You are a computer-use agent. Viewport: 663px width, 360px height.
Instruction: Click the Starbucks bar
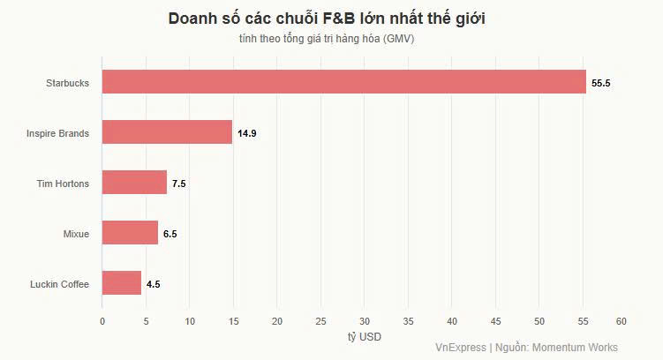point(343,82)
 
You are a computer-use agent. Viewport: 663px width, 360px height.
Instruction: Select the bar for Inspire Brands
point(167,132)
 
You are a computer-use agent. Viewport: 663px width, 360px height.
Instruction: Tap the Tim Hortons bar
point(134,183)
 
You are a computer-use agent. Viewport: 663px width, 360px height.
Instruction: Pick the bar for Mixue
point(130,233)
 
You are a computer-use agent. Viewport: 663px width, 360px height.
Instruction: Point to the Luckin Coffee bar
point(121,283)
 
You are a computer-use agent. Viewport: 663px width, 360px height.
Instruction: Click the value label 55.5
point(601,83)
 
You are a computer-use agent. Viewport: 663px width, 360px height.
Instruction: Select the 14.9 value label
point(247,133)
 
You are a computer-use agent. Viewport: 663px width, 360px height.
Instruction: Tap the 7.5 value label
point(179,184)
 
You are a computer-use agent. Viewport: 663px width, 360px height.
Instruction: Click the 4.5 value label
point(153,284)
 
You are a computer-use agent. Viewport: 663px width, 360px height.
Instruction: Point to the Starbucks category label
point(67,83)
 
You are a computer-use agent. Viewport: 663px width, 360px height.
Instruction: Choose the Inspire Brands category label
point(58,133)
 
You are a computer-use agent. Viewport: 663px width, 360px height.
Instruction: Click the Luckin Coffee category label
point(59,284)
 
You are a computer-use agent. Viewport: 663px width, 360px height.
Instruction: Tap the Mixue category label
point(76,234)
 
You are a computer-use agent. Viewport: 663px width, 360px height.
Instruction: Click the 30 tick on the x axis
point(364,321)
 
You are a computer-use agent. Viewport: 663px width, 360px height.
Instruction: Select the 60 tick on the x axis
point(622,321)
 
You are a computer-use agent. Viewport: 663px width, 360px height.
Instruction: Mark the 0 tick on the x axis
point(102,321)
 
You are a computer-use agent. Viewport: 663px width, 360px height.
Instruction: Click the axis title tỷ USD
point(365,337)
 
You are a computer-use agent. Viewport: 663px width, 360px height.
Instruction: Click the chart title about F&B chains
point(326,19)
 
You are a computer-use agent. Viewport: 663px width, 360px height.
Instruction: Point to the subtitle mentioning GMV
point(326,39)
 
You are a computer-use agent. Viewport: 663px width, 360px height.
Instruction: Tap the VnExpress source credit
point(526,348)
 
